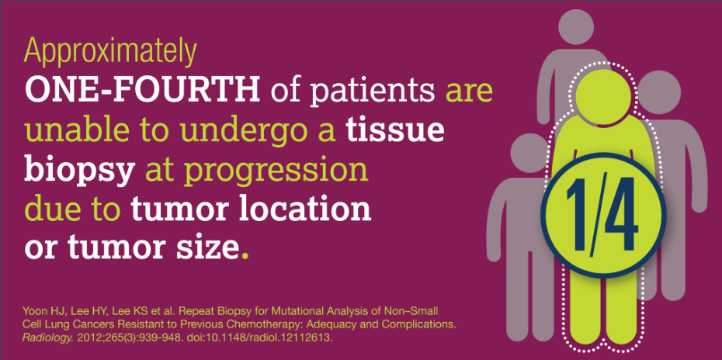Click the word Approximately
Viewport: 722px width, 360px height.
[x=110, y=53]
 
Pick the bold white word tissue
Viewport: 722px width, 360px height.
[x=394, y=130]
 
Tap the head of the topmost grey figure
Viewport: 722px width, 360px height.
[x=575, y=26]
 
